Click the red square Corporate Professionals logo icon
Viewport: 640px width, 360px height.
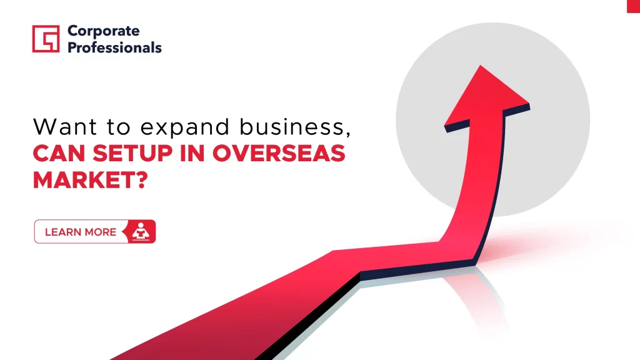[x=46, y=39]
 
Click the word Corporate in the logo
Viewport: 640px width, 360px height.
[x=104, y=31]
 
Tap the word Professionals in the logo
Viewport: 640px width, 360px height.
[x=114, y=47]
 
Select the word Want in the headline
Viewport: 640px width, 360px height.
[x=65, y=126]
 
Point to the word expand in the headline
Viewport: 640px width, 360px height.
[x=185, y=127]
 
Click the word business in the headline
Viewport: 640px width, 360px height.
[x=291, y=126]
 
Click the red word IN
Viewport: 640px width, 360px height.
[x=192, y=154]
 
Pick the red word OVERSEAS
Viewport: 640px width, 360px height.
[x=279, y=154]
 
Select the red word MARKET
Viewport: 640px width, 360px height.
[x=84, y=179]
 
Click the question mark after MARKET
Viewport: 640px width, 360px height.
[x=142, y=179]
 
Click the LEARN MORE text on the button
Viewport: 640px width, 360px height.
[x=81, y=232]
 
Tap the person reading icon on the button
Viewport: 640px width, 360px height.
[x=141, y=231]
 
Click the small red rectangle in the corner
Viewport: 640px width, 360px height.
[x=634, y=6]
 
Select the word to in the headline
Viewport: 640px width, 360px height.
[x=119, y=127]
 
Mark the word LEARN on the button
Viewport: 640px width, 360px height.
[x=62, y=232]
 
